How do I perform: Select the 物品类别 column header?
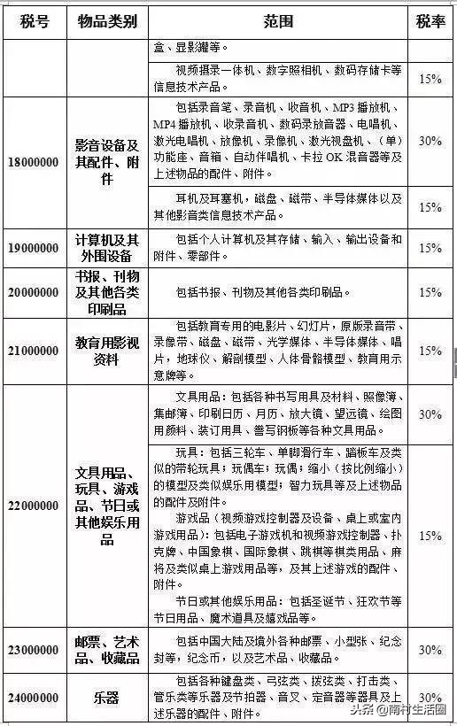[x=106, y=21]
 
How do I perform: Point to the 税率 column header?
[x=430, y=21]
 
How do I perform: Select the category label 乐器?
[x=106, y=696]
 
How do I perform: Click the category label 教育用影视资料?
[x=106, y=351]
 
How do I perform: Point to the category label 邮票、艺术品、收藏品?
[x=106, y=649]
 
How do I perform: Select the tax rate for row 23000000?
[x=430, y=649]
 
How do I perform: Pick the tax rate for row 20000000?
[x=430, y=293]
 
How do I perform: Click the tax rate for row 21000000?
[x=430, y=351]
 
